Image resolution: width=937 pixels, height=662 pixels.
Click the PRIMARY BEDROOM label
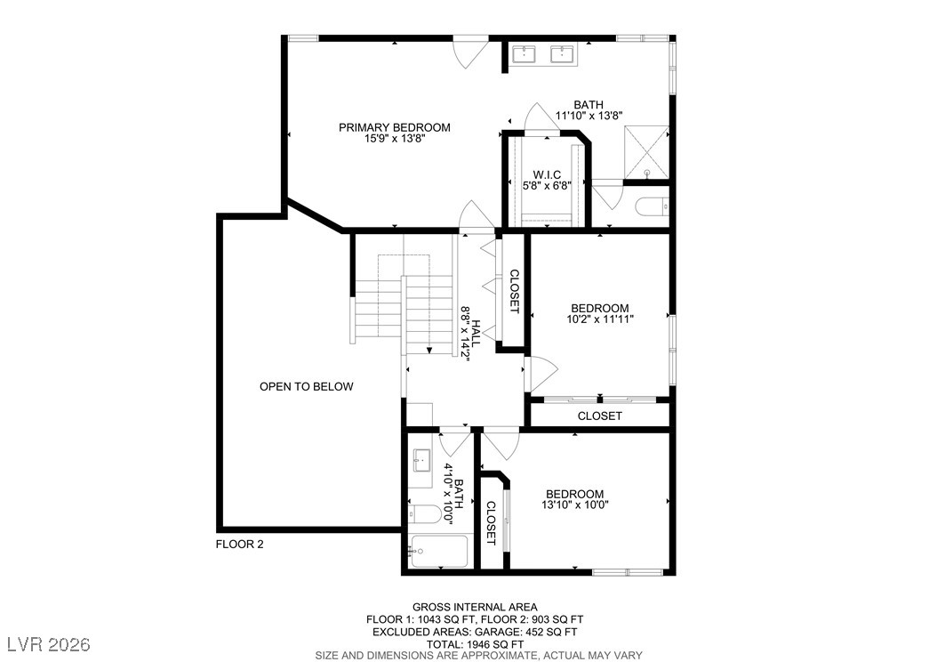(x=394, y=127)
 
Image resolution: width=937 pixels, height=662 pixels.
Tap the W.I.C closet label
(x=547, y=174)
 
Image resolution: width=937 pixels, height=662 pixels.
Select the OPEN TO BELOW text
(x=306, y=386)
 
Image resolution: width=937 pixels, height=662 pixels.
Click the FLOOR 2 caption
(x=240, y=544)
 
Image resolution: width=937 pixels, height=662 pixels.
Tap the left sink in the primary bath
(x=524, y=55)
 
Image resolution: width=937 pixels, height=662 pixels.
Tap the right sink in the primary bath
(x=563, y=55)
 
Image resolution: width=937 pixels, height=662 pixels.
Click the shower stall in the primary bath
(x=646, y=153)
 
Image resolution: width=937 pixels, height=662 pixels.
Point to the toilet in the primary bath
(x=653, y=206)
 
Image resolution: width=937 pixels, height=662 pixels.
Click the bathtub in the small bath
(x=440, y=552)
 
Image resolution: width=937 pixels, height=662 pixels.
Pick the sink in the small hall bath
(x=421, y=460)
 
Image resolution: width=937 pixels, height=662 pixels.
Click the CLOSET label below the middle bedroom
(x=599, y=416)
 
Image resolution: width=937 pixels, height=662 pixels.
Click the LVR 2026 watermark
(x=52, y=642)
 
